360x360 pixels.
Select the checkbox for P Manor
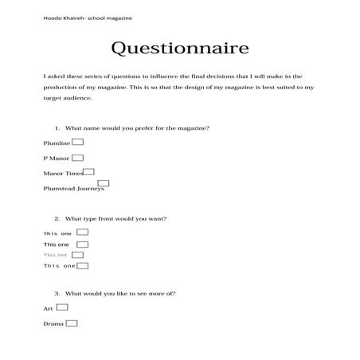[x=77, y=157]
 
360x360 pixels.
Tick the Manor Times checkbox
[x=88, y=171]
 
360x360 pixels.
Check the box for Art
[x=62, y=306]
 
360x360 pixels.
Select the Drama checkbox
[x=72, y=323]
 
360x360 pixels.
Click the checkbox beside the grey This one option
[x=77, y=255]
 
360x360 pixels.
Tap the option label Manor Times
[x=63, y=173]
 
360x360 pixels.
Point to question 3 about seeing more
[x=115, y=292]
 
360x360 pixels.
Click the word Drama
[x=53, y=324]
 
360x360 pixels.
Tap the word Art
[x=48, y=307]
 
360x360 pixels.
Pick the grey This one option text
[x=56, y=255]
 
